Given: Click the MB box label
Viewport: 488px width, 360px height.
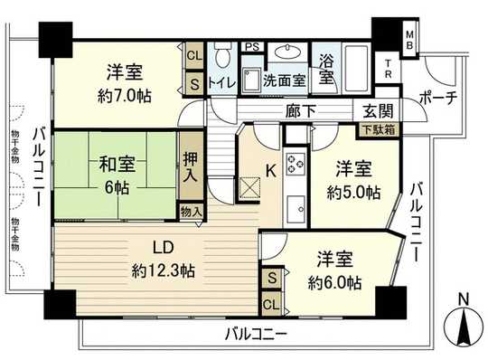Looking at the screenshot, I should coord(409,40).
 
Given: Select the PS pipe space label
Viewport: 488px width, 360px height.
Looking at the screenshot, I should coord(252,48).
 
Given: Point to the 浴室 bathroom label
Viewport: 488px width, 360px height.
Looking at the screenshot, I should coord(324,71).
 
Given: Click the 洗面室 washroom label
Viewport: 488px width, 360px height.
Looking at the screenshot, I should coord(284,80).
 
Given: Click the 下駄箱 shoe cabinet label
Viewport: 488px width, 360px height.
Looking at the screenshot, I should coord(373,130).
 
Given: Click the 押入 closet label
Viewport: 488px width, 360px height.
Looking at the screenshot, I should coord(190,167).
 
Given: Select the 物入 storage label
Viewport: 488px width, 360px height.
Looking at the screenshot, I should coord(191,211).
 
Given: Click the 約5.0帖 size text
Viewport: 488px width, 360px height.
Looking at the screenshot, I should coord(354,192).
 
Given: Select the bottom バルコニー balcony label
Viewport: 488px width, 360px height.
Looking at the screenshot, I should coord(256,334).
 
